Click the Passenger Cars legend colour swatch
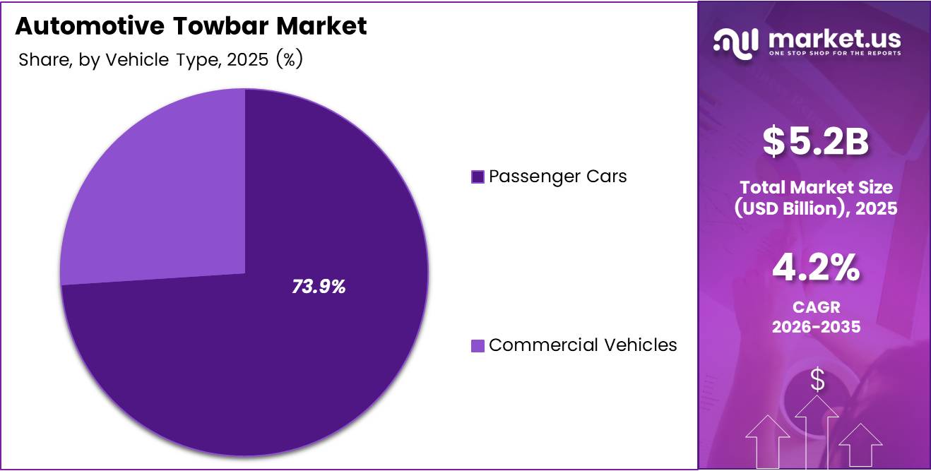pyautogui.click(x=478, y=177)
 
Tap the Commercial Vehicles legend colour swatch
pyautogui.click(x=478, y=345)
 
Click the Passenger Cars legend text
pyautogui.click(x=557, y=176)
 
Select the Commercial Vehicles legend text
pyautogui.click(x=583, y=345)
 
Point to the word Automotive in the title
pyautogui.click(x=92, y=26)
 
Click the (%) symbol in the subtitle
pyautogui.click(x=290, y=60)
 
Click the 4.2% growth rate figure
pyautogui.click(x=816, y=268)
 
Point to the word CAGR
pyautogui.click(x=816, y=309)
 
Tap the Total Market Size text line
pyautogui.click(x=816, y=187)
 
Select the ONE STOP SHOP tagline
pyautogui.click(x=834, y=54)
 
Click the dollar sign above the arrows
pyautogui.click(x=817, y=380)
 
